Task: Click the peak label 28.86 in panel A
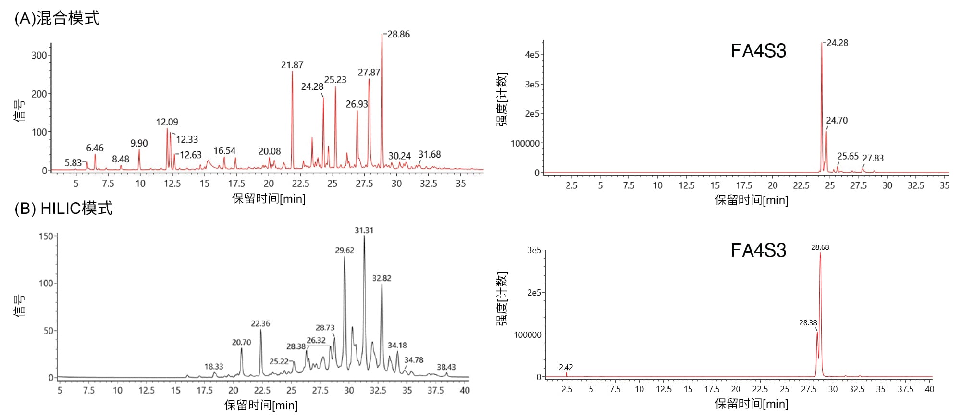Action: pyautogui.click(x=398, y=35)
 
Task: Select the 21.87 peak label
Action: pyautogui.click(x=292, y=65)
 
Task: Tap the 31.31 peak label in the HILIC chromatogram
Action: pyautogui.click(x=364, y=230)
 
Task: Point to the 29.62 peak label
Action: pyautogui.click(x=345, y=250)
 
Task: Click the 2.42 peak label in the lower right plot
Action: pyautogui.click(x=566, y=367)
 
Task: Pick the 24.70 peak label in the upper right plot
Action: pyautogui.click(x=837, y=120)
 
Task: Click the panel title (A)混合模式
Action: pyautogui.click(x=57, y=18)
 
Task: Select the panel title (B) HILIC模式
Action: pyautogui.click(x=63, y=208)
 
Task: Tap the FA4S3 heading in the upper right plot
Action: pyautogui.click(x=758, y=51)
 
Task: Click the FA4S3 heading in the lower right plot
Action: pyautogui.click(x=758, y=250)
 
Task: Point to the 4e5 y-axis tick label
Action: pyautogui.click(x=532, y=55)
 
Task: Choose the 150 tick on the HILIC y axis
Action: pyautogui.click(x=46, y=236)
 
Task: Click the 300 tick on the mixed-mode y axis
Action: pyautogui.click(x=39, y=55)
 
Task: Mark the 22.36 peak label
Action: pyautogui.click(x=260, y=323)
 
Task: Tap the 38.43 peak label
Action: pyautogui.click(x=446, y=367)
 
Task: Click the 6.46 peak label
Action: pyautogui.click(x=95, y=148)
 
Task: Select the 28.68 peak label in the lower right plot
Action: pyautogui.click(x=820, y=247)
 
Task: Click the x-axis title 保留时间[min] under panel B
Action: pyautogui.click(x=261, y=405)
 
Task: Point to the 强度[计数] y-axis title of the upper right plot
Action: pyautogui.click(x=502, y=99)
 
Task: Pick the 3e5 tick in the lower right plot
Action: pyautogui.click(x=534, y=250)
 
